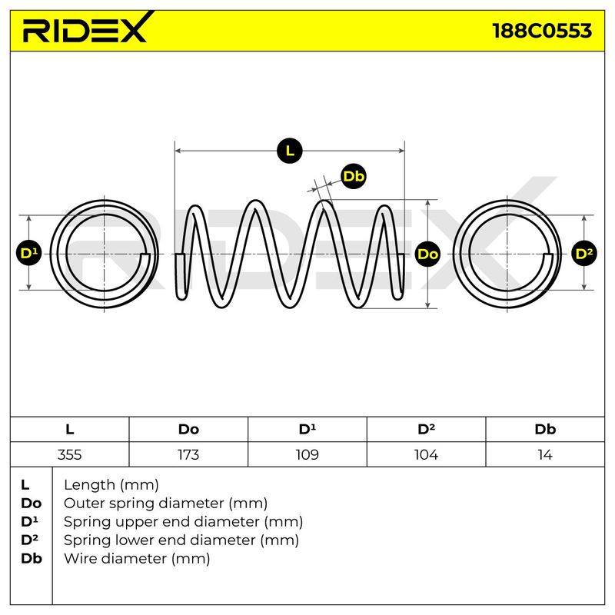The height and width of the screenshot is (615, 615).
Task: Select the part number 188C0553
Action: coord(542,31)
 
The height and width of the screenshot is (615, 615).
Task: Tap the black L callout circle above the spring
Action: coord(290,151)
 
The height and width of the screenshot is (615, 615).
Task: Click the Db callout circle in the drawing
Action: coord(354,177)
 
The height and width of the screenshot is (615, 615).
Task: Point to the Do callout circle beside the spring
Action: coord(428,254)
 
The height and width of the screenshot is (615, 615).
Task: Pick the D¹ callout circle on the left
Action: coord(29,254)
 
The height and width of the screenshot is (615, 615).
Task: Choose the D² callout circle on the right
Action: coord(584,254)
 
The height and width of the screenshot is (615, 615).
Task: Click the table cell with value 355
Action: coord(69,454)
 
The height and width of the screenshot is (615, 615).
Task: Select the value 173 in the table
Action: coord(188,454)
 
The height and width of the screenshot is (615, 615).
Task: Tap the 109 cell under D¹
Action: coord(307,454)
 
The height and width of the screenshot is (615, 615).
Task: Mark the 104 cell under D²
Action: coord(426,454)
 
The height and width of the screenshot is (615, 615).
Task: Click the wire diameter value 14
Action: coord(545,454)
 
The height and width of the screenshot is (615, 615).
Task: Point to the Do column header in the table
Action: coord(188,430)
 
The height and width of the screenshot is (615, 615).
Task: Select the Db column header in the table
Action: coord(545,430)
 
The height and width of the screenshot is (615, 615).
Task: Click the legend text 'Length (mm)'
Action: coord(111,485)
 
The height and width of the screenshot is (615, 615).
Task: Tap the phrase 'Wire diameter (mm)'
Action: coord(137,559)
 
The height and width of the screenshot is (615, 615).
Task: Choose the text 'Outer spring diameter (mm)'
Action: coord(165,504)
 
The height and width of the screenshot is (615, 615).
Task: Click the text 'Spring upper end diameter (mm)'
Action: coord(183,522)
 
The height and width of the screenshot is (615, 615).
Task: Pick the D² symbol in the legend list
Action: coord(29,540)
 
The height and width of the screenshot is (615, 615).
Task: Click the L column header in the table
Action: coord(69,430)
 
